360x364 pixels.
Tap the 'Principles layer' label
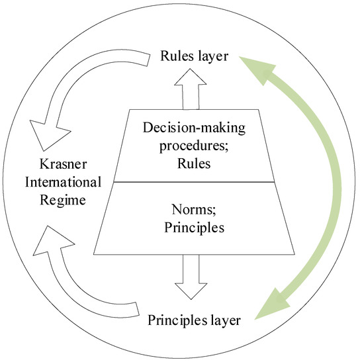tap(194, 322)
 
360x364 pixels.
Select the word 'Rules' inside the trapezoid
tap(194, 163)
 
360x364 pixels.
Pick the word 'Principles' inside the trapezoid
tap(194, 229)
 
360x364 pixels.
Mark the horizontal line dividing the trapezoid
tap(194, 181)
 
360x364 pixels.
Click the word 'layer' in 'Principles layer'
tap(224, 322)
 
